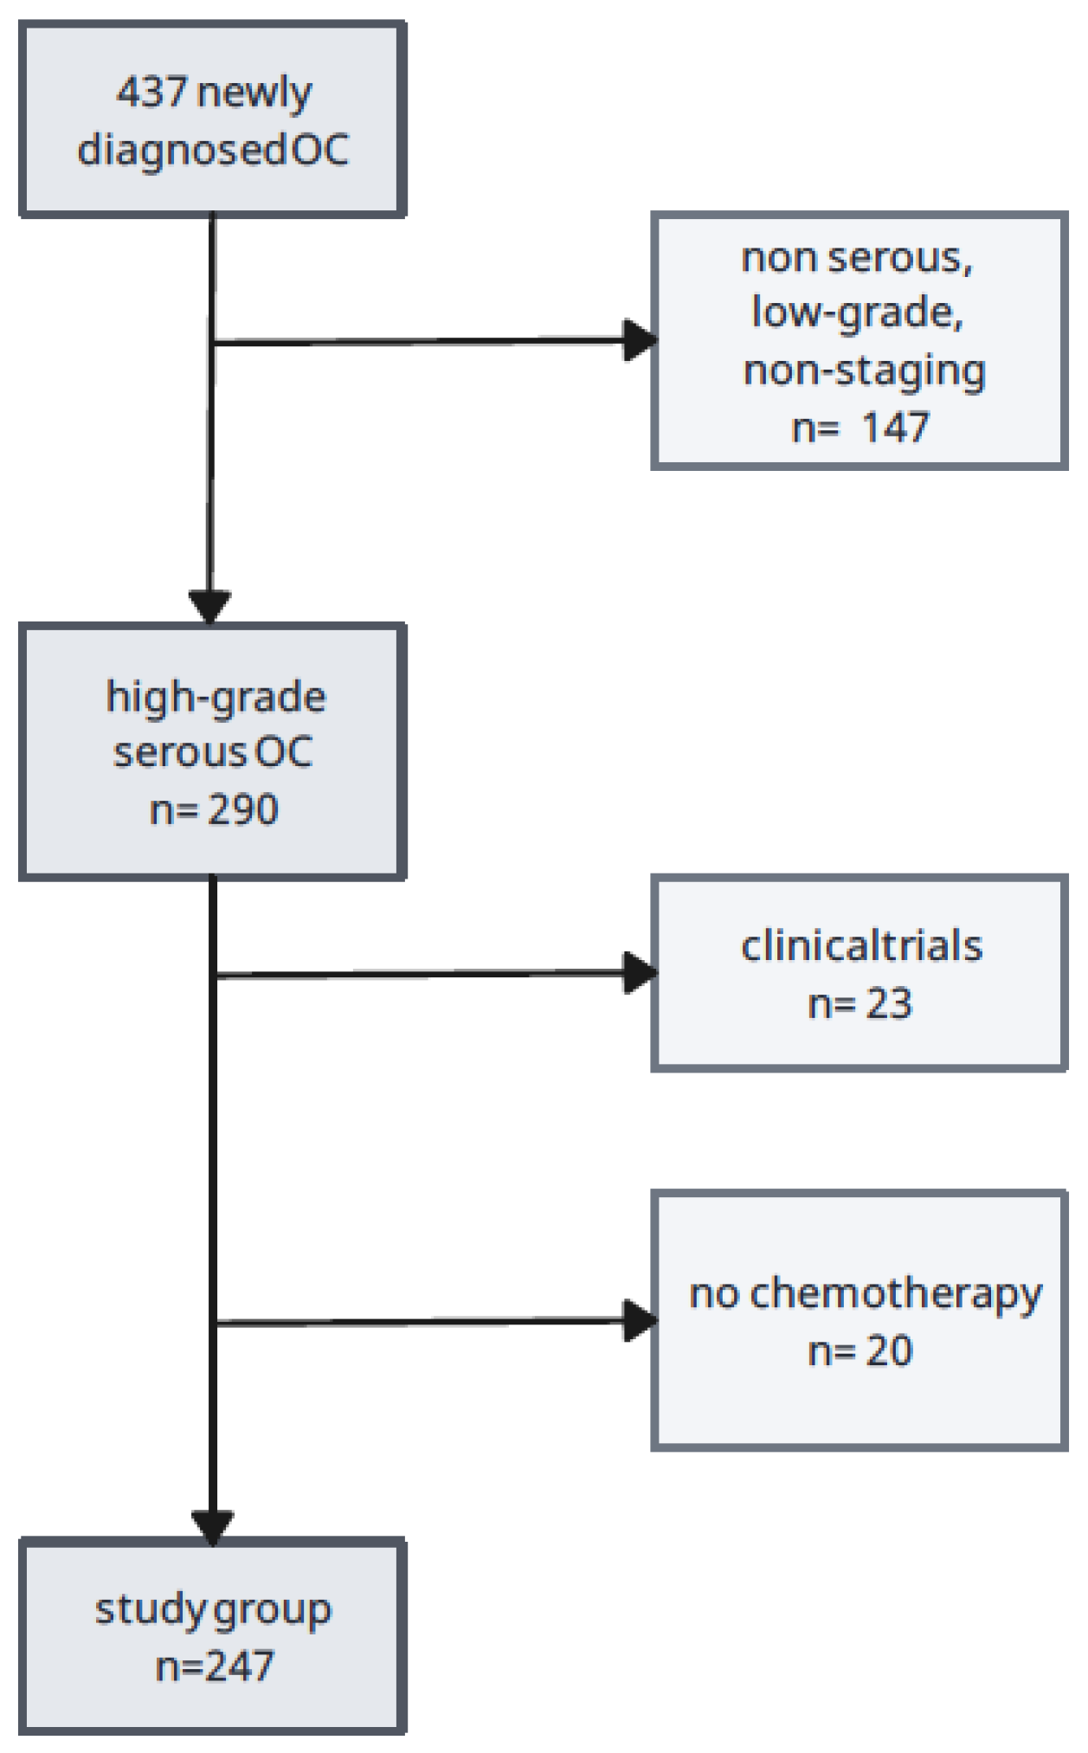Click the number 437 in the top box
pos(151,92)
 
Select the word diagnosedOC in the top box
pos(213,150)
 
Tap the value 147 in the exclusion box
pos(895,428)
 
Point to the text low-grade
pos(857,313)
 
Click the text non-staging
pos(864,371)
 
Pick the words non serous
pos(857,257)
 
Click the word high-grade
pos(216,697)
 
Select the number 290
pos(243,810)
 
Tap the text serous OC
pos(213,752)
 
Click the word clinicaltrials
pos(861,946)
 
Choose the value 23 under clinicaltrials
pos(889,1004)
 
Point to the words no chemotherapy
pos(866,1295)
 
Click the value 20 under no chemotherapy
pos(889,1351)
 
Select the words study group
pos(213,1610)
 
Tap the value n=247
pos(215,1666)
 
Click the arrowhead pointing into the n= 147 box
pos(640,340)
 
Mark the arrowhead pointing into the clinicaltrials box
pos(640,973)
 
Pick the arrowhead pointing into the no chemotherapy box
pos(640,1321)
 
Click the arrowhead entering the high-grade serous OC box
pos(210,605)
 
